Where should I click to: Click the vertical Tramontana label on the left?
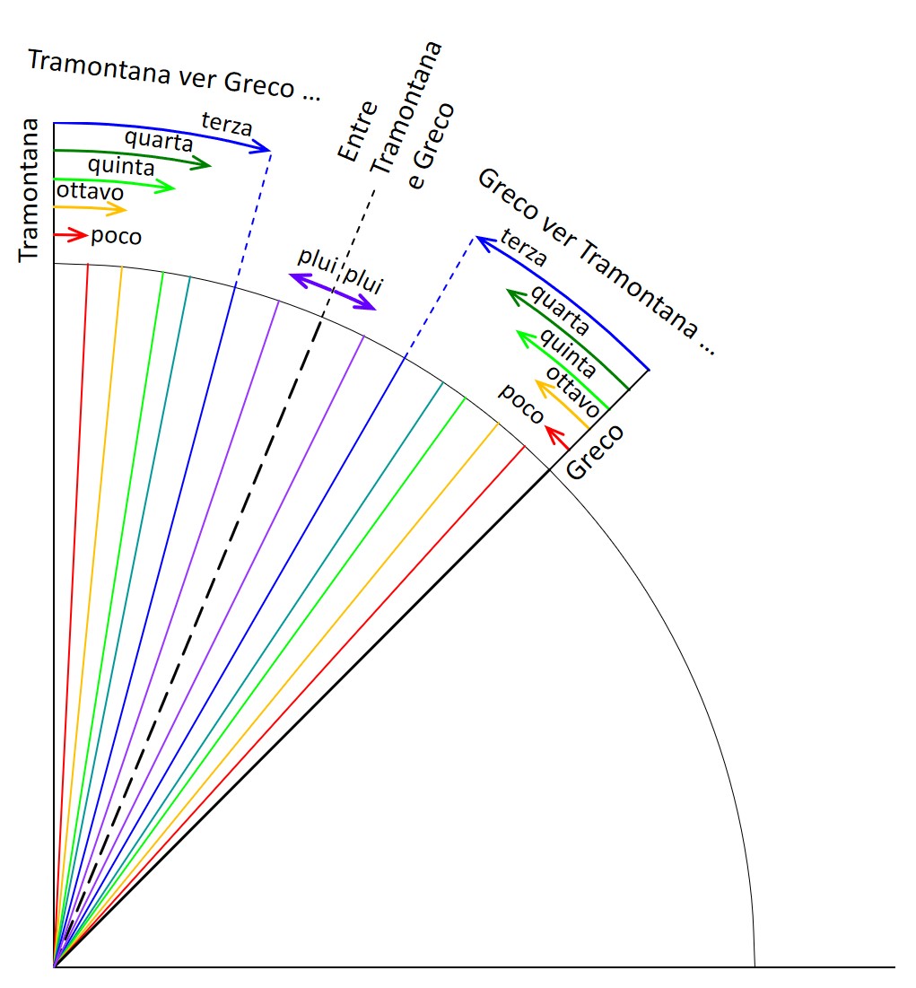(x=29, y=189)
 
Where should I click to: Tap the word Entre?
(x=357, y=131)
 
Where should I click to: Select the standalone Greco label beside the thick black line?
(x=595, y=451)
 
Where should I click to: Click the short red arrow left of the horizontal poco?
(x=71, y=235)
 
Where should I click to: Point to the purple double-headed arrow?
(x=332, y=291)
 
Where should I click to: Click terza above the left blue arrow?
(x=227, y=124)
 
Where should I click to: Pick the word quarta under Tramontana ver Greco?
(x=159, y=141)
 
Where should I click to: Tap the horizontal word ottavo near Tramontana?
(x=90, y=191)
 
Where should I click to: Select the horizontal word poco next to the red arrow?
(x=116, y=236)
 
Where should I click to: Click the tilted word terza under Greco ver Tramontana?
(x=524, y=248)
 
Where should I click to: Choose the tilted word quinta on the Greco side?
(x=567, y=353)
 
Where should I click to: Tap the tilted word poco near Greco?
(x=521, y=403)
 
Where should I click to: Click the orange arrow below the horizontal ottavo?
(x=91, y=208)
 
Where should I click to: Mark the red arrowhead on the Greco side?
(x=554, y=433)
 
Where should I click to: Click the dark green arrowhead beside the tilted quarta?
(x=516, y=297)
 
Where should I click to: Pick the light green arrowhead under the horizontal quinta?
(x=167, y=186)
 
